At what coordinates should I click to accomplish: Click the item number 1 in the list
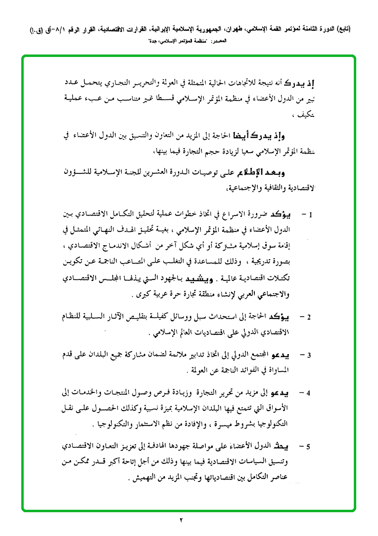[x=311, y=215]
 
